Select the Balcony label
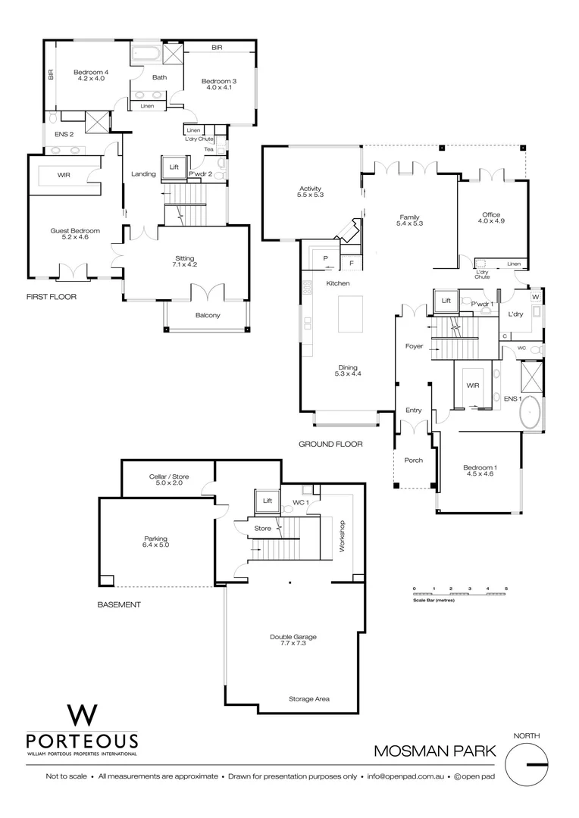pyautogui.click(x=207, y=315)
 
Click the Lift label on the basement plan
pyautogui.click(x=267, y=501)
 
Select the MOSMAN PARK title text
pyautogui.click(x=435, y=751)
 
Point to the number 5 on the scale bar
pyautogui.click(x=505, y=589)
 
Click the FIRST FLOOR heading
pyautogui.click(x=52, y=298)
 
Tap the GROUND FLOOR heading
pyautogui.click(x=330, y=445)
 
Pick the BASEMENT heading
pyautogui.click(x=119, y=604)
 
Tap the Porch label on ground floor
pyautogui.click(x=413, y=460)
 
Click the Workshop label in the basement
pyautogui.click(x=343, y=535)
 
